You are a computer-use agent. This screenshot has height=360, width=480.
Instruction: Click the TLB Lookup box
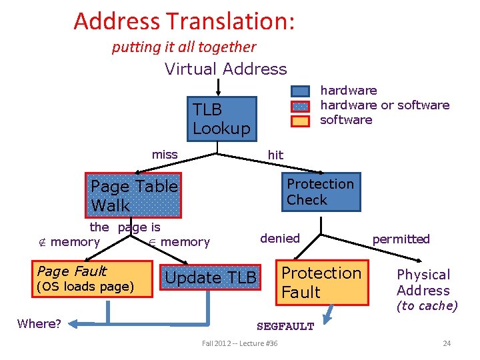[x=221, y=119]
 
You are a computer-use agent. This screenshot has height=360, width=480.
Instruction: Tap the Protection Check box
[x=320, y=192]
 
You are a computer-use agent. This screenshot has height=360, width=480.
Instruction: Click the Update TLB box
[x=211, y=278]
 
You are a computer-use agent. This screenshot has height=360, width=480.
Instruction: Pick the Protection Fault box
[x=322, y=283]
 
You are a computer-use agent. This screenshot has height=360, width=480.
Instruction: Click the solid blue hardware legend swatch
[x=301, y=91]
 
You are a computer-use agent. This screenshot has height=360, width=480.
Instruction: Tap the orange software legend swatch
[x=301, y=121]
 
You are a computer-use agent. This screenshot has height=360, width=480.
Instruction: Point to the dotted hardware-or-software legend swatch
[x=301, y=106]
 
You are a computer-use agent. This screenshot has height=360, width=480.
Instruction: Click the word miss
[x=165, y=155]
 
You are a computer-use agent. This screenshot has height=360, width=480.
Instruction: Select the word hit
[x=275, y=155]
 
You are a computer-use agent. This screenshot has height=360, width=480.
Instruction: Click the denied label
[x=280, y=238]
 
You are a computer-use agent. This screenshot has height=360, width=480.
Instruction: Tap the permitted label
[x=401, y=239]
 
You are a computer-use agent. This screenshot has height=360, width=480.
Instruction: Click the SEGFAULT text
[x=285, y=327]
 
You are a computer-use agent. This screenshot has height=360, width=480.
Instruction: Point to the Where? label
[x=39, y=324]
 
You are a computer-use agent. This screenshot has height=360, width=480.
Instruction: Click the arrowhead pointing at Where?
[x=73, y=324]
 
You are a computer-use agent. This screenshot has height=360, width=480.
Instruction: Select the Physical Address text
[x=423, y=283]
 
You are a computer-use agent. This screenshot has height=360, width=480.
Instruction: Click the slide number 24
[x=447, y=343]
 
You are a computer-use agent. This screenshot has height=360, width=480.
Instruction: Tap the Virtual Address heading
[x=225, y=69]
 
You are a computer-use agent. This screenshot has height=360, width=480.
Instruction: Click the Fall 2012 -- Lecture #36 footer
[x=240, y=343]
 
